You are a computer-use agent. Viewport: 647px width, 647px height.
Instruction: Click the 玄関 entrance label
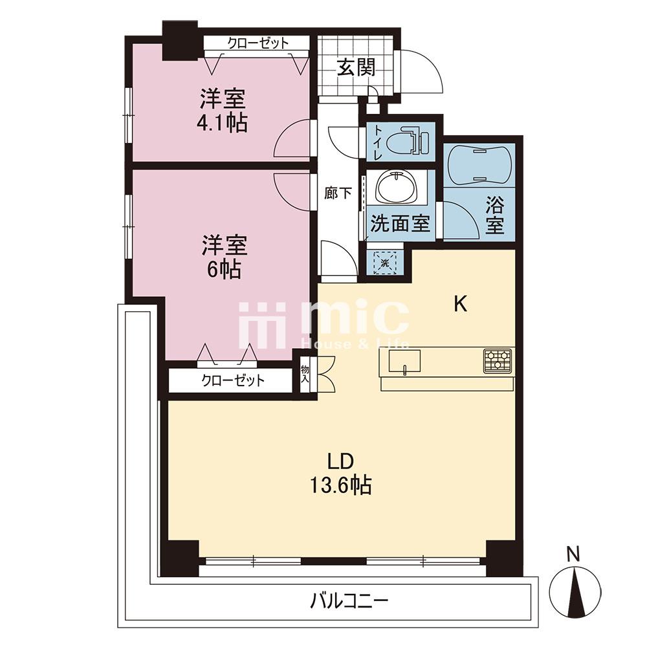[x=356, y=68]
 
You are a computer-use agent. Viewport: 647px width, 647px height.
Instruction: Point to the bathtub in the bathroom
[x=479, y=164]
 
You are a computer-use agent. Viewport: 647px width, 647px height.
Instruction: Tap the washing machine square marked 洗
[x=384, y=263]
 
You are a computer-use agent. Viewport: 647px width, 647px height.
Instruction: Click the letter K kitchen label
[x=461, y=305]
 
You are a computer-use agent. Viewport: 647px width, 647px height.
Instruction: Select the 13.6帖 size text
[x=341, y=485]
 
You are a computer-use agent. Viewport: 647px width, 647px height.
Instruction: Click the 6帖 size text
[x=224, y=269]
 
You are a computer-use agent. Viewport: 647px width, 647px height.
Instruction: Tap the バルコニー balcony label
[x=349, y=601]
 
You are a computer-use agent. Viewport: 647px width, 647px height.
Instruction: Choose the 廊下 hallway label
[x=338, y=193]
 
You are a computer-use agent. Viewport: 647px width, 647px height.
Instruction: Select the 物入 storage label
[x=305, y=374]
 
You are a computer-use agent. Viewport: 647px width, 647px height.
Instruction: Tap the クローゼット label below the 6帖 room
[x=233, y=380]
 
